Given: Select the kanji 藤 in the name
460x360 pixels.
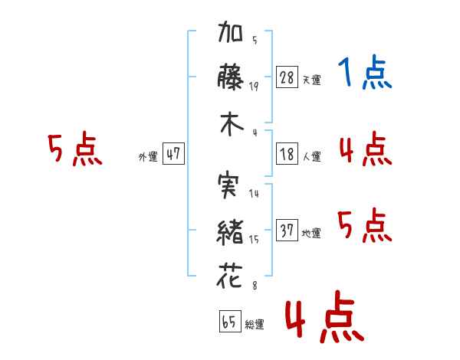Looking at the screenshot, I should click(x=230, y=78).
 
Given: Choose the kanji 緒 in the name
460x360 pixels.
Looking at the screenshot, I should click(x=230, y=229).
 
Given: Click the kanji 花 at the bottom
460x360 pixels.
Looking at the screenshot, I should click(x=230, y=274).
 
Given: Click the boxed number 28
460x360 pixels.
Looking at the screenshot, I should click(x=287, y=77).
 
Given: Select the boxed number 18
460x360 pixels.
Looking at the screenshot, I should click(x=287, y=153).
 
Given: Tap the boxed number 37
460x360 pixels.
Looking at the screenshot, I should click(x=287, y=230).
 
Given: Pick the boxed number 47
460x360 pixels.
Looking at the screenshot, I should click(x=173, y=154).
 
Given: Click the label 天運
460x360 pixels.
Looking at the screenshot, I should click(x=312, y=80).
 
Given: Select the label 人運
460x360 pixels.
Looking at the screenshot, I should click(x=312, y=156).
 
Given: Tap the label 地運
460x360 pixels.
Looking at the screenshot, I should click(x=312, y=233).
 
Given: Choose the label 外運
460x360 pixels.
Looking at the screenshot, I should click(x=148, y=156).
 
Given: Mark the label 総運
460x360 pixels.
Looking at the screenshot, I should click(x=255, y=324).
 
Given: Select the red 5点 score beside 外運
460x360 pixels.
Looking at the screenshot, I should click(x=74, y=149).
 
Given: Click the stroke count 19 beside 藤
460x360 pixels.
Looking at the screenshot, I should click(x=254, y=87).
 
